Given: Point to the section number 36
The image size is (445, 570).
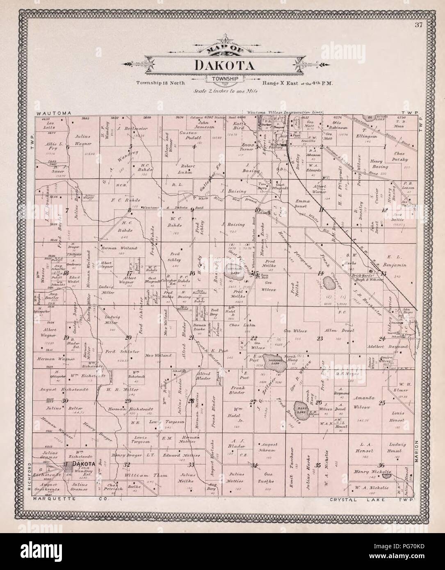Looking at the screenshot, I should [381, 465].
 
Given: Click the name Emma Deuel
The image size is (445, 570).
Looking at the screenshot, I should [305, 204].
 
